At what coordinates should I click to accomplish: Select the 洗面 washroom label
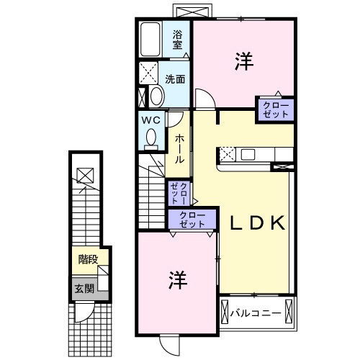point(175,78)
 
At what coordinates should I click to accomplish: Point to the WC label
point(150,120)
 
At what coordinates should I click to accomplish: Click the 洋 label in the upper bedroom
point(243,63)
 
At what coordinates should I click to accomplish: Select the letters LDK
point(258,223)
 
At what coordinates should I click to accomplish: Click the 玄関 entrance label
point(84,289)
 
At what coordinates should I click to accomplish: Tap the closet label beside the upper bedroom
point(276,111)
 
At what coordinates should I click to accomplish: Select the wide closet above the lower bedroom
point(192,220)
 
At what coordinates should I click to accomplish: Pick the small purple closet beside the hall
point(179,194)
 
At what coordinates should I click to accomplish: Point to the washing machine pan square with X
point(150,73)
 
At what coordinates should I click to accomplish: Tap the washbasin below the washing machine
point(155,96)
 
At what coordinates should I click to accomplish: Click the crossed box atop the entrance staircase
point(84,174)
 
